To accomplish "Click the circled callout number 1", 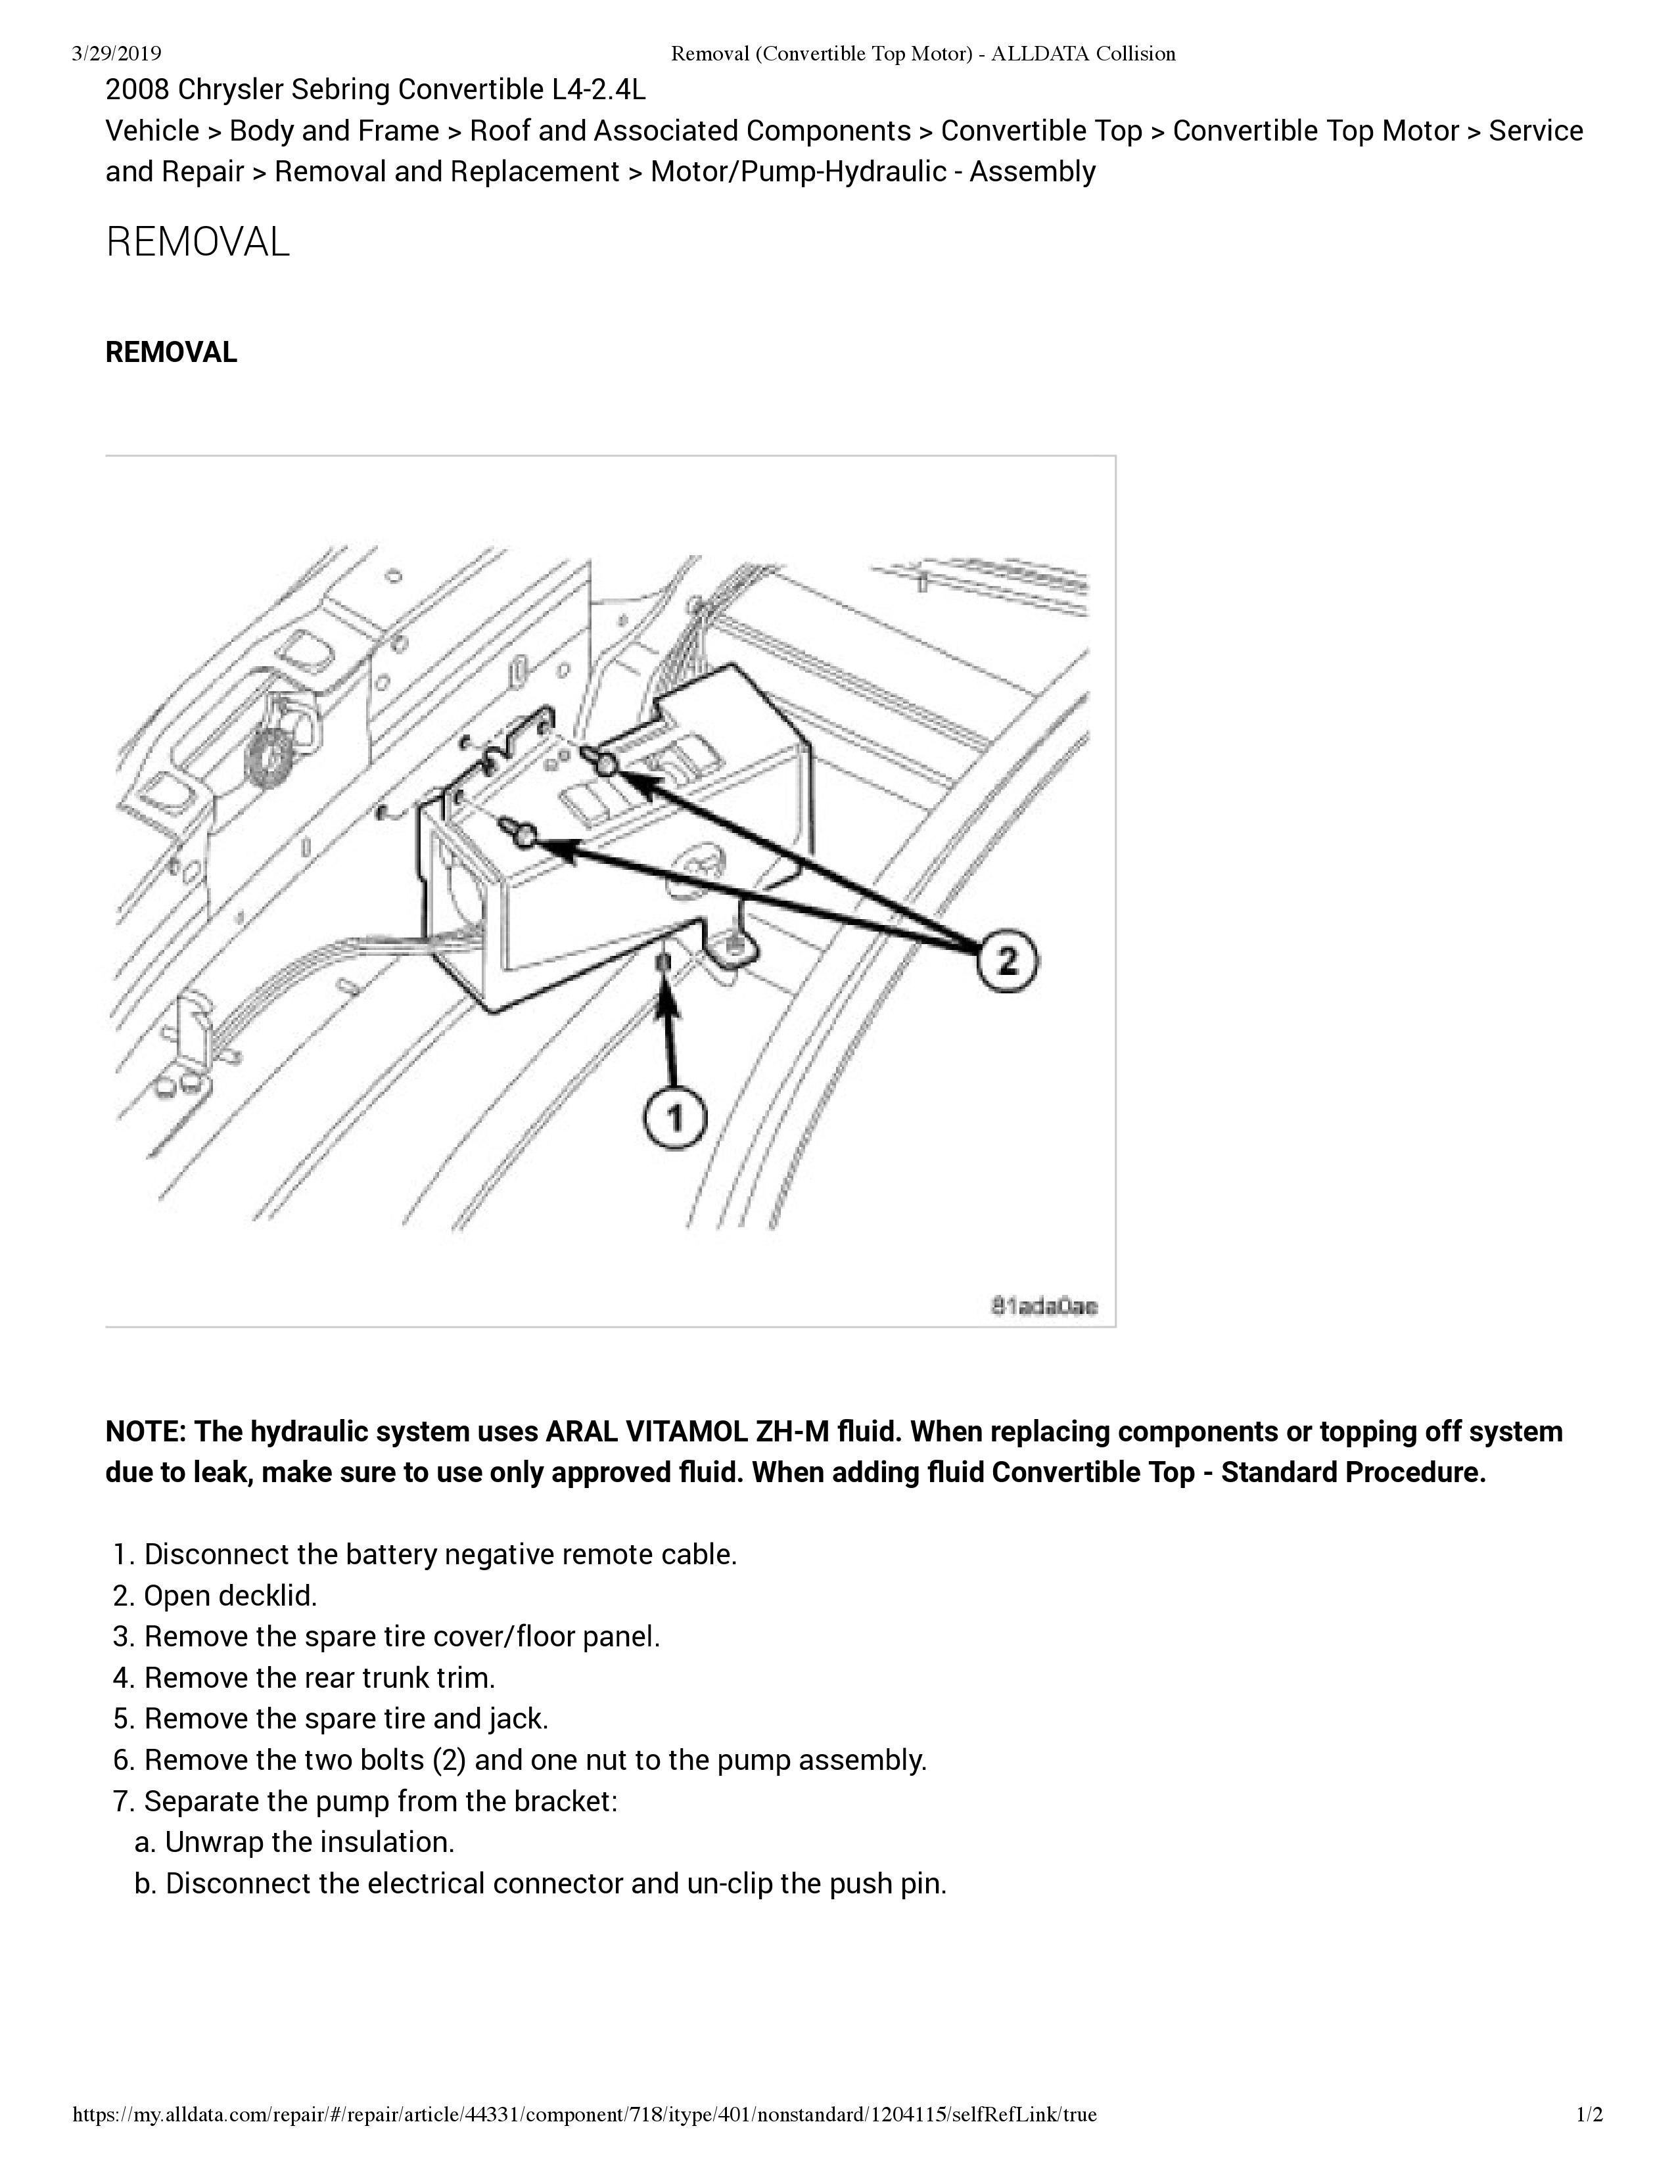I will pyautogui.click(x=675, y=1119).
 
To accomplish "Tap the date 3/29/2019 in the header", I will pyautogui.click(x=117, y=54).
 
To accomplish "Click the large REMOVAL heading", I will pyautogui.click(x=198, y=242).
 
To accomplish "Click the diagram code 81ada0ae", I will pyautogui.click(x=1044, y=1306).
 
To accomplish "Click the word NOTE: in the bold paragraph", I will pyautogui.click(x=145, y=1432).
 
